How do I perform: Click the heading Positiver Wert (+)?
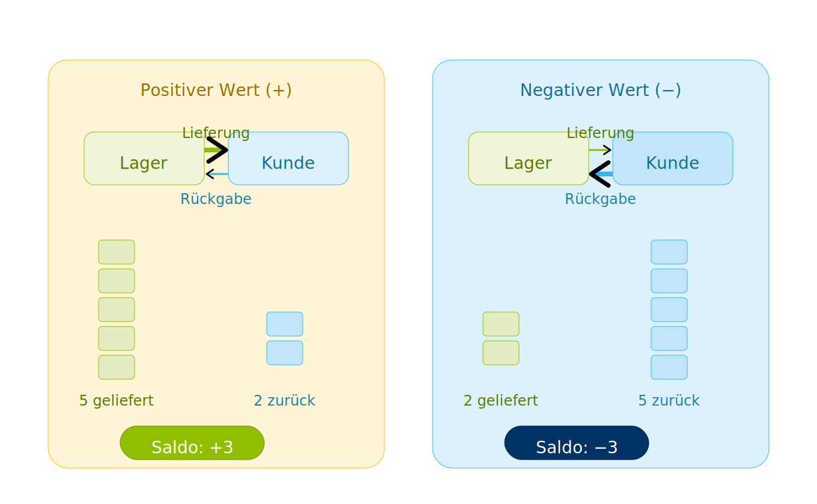[x=216, y=90]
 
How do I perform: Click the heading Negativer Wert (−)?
[x=600, y=90]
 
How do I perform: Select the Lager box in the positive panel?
[x=144, y=162]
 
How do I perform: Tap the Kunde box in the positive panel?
[x=288, y=162]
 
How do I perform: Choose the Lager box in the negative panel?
[x=528, y=162]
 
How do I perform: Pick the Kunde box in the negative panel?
[x=672, y=162]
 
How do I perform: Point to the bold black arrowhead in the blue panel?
[x=600, y=174]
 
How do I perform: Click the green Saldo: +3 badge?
[x=192, y=443]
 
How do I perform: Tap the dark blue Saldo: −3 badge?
[x=577, y=443]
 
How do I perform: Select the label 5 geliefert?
[x=117, y=400]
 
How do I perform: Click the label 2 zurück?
[x=285, y=400]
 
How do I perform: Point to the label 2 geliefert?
[x=500, y=400]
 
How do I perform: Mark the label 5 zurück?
[x=669, y=400]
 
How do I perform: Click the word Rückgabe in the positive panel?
[x=216, y=199]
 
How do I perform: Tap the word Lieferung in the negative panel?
[x=600, y=133]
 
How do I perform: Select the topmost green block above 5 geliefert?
[x=117, y=252]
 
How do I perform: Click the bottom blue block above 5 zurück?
[x=669, y=367]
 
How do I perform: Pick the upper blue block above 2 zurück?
[x=285, y=324]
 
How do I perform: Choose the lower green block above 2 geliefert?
[x=501, y=353]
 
